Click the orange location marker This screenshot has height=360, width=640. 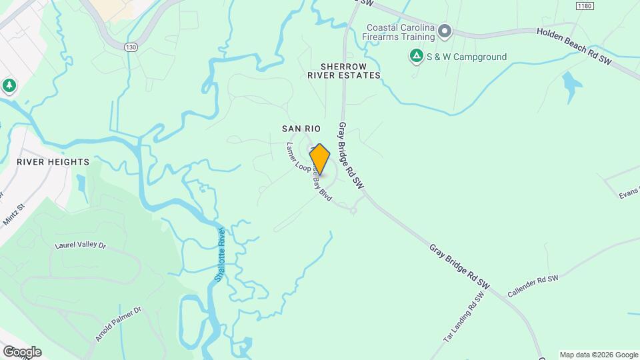point(320,159)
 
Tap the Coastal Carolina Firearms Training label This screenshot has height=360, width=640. point(400,32)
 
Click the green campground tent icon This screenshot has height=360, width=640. point(417,57)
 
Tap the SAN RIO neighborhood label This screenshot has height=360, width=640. point(301,128)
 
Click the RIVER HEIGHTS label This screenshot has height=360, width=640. point(53,162)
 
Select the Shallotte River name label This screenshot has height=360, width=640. point(219,254)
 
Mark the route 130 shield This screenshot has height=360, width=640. point(131,47)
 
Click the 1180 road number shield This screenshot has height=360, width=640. point(584,5)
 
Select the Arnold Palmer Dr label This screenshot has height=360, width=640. point(119,324)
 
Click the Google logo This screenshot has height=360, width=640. point(21,352)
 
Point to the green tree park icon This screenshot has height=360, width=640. point(9,86)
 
